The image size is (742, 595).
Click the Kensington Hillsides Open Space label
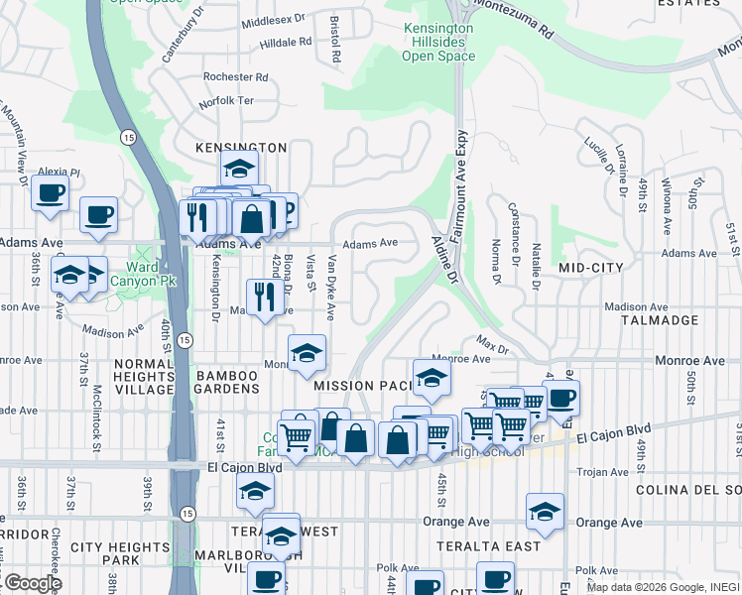coord(437,43)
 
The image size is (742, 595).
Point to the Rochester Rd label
coord(235,76)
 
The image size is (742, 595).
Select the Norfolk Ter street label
coord(226,101)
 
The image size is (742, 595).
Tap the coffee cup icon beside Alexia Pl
coord(50,192)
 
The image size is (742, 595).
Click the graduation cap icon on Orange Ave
coord(545,511)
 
